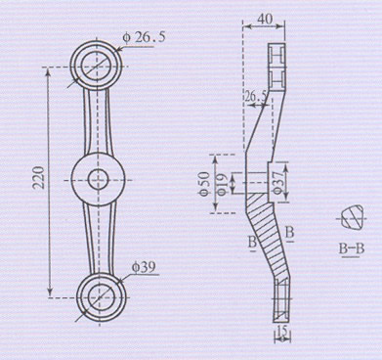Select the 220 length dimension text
tap(38, 177)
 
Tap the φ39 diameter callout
tap(144, 267)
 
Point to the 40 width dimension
tap(266, 19)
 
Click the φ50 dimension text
tap(204, 184)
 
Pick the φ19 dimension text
tap(222, 184)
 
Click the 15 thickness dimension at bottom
tap(282, 331)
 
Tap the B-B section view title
tap(351, 249)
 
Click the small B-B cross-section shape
tap(352, 216)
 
